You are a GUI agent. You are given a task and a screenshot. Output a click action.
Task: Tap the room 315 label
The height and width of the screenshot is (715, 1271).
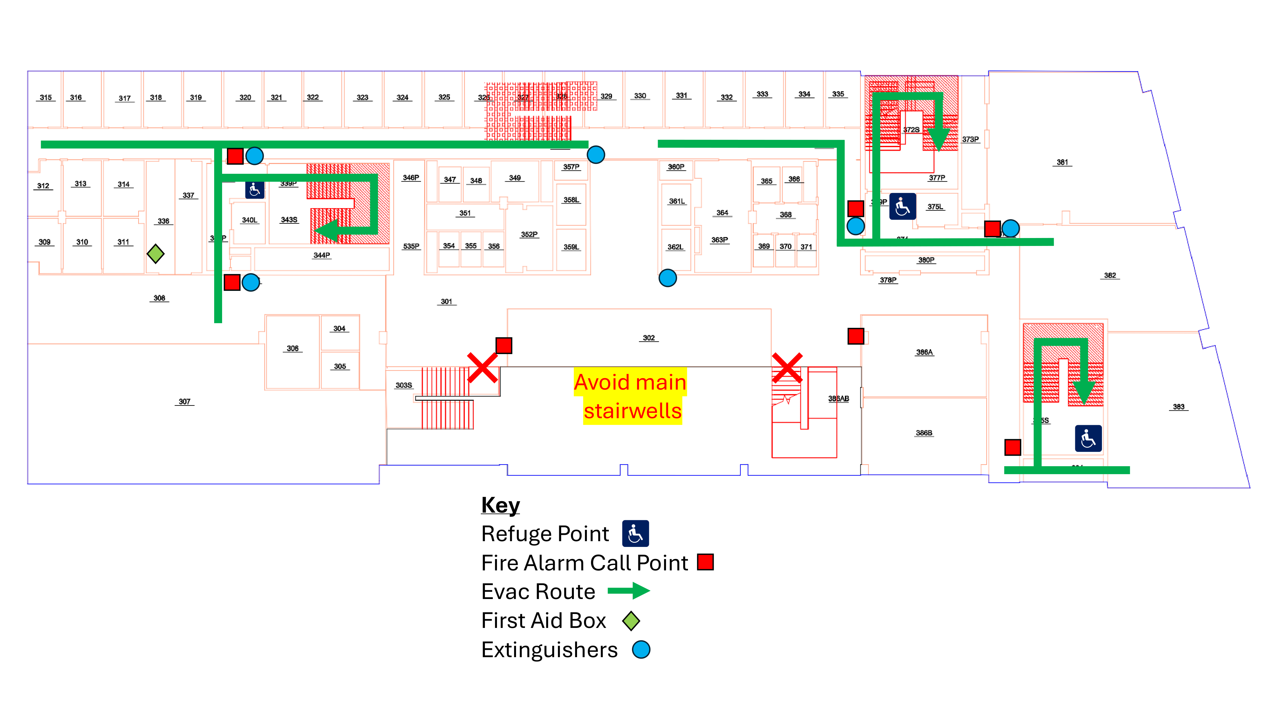coord(45,97)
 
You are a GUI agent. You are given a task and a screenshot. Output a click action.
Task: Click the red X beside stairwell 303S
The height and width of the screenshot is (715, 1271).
coord(482,368)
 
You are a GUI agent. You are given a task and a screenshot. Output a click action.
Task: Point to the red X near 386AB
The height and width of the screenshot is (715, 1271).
coord(787,368)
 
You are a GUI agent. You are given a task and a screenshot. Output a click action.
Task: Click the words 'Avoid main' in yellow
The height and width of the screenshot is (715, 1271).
coord(630,382)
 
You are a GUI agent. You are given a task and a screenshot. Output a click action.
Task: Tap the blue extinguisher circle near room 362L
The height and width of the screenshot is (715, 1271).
coord(668,278)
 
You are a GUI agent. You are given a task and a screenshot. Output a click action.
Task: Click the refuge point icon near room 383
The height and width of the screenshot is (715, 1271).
coord(1088,438)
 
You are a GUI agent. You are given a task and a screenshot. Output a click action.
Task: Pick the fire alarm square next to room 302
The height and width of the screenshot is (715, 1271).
coord(504,345)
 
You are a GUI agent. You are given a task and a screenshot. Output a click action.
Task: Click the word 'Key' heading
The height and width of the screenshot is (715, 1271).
coord(500,505)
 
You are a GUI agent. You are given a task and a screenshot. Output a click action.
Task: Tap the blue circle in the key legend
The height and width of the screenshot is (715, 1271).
coord(641,649)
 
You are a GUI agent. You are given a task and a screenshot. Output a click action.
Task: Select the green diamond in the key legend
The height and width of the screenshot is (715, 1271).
coord(631,621)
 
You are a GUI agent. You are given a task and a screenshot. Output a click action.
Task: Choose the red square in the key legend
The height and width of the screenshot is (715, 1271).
coord(705,562)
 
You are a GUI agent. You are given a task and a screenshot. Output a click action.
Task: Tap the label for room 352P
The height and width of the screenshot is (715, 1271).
coord(529,235)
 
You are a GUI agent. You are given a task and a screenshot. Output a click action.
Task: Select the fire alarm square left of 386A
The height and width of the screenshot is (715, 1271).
coord(856,336)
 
